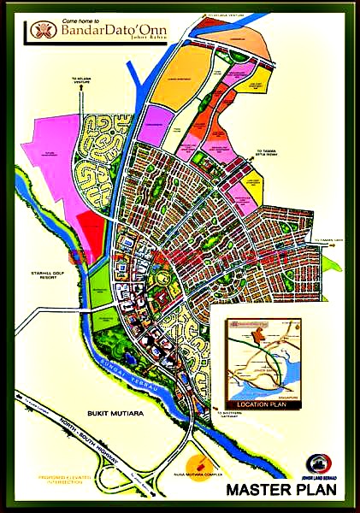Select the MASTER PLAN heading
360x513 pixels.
click(x=280, y=490)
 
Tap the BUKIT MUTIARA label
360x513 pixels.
click(x=107, y=413)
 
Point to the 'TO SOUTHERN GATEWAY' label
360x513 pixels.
click(x=226, y=414)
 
